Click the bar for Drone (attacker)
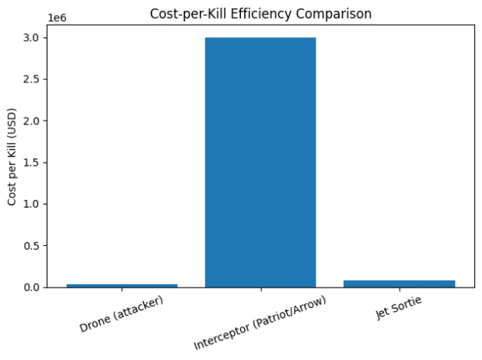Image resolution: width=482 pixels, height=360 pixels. coord(122,285)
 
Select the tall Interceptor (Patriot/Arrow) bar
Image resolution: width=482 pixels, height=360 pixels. coord(260,162)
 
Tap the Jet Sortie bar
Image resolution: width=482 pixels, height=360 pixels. coord(399,284)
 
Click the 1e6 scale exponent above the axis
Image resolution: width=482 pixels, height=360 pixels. coord(58,17)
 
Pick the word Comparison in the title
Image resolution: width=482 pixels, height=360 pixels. coord(343,13)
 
